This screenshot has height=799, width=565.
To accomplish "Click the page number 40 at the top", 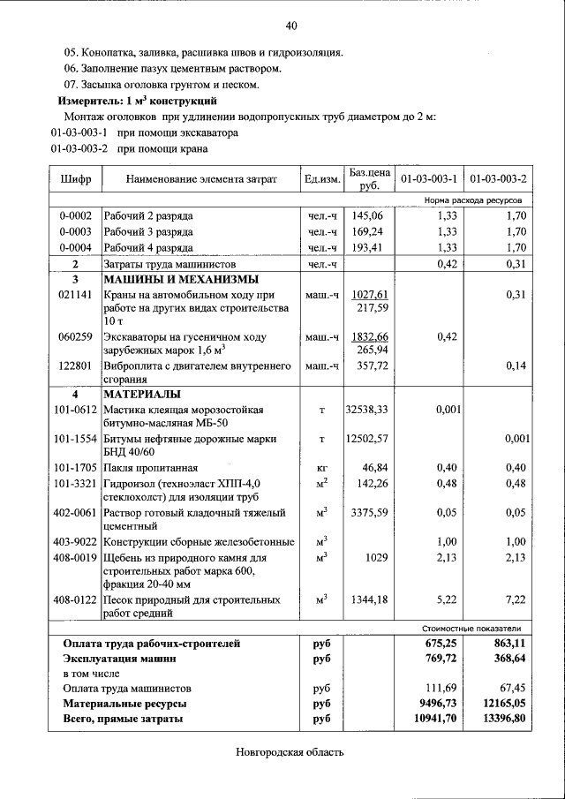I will pos(290,26).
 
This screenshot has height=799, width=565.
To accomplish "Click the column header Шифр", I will pos(75,180).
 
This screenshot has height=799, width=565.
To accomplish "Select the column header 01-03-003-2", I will pos(498,180).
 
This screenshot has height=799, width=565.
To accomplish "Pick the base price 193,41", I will pos(366,248).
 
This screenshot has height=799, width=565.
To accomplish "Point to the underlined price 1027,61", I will pos(370,294).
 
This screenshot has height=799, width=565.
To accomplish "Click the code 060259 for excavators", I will pos(75,336).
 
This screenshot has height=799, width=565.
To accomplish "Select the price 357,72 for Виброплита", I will pos(370,365).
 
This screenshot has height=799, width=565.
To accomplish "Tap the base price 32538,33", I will pos(366,410).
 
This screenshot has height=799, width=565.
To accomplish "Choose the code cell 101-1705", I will pos(75,467).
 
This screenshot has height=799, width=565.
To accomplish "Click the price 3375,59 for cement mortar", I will pos(366,512).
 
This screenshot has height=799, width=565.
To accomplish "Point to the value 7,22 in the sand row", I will pos(515,599).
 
